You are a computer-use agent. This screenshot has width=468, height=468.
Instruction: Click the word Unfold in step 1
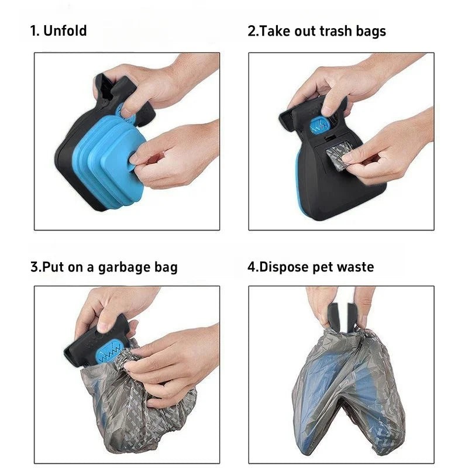point(65,31)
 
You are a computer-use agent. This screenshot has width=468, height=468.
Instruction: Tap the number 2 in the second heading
point(252,31)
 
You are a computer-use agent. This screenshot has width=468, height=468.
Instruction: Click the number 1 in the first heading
point(34,31)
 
